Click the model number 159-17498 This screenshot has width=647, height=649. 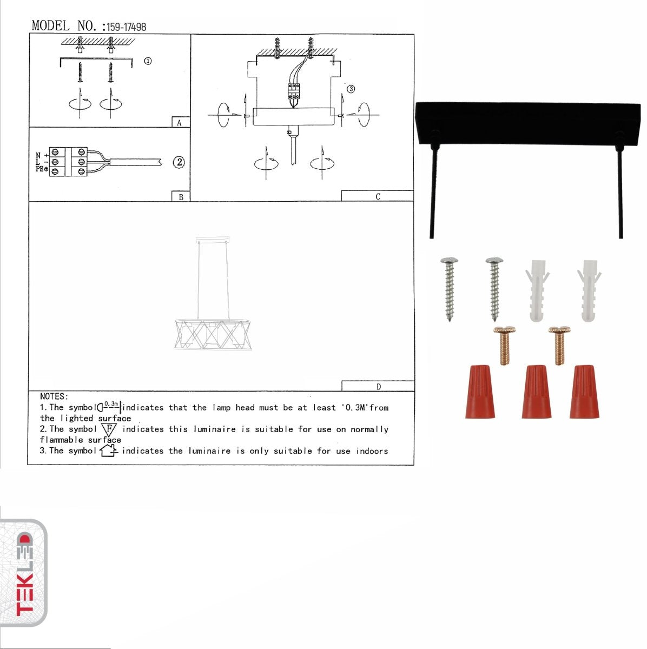click(x=126, y=27)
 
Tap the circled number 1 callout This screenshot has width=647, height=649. click(x=148, y=61)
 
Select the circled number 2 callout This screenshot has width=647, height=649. click(x=179, y=162)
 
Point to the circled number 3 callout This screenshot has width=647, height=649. click(x=351, y=89)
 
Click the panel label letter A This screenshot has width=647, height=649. click(x=180, y=123)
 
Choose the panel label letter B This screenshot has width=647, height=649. click(x=181, y=197)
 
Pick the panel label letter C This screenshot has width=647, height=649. click(x=378, y=197)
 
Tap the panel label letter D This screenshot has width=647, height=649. click(x=378, y=386)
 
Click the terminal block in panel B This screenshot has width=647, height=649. click(x=68, y=162)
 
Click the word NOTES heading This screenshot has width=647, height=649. click(x=54, y=396)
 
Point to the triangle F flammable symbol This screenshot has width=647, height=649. click(x=109, y=429)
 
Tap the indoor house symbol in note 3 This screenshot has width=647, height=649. click(x=108, y=450)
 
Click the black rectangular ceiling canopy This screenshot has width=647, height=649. click(x=527, y=123)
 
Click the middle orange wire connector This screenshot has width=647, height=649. click(x=536, y=392)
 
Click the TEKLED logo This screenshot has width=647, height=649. click(x=24, y=574)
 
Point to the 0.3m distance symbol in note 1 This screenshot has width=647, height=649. click(x=110, y=406)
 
